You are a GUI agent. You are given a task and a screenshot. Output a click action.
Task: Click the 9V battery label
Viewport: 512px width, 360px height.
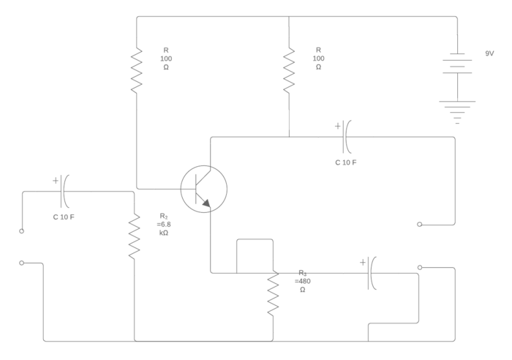[x=490, y=53]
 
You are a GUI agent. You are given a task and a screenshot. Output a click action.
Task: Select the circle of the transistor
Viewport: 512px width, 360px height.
[x=204, y=189]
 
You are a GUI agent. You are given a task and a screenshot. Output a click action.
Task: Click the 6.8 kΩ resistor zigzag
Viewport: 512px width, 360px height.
[x=135, y=236]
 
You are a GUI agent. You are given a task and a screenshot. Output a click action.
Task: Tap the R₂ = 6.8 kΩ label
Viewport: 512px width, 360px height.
[x=164, y=224]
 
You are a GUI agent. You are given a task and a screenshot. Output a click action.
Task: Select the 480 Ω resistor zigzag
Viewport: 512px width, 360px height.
[x=273, y=293]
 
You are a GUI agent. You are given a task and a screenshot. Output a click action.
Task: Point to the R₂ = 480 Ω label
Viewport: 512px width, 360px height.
[x=303, y=281]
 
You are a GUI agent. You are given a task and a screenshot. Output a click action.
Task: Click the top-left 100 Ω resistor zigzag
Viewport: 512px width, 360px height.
[x=137, y=70]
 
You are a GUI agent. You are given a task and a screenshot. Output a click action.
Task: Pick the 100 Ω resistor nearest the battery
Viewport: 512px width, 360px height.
[x=289, y=70]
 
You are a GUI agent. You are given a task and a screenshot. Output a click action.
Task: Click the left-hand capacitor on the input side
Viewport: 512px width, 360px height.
[x=64, y=192]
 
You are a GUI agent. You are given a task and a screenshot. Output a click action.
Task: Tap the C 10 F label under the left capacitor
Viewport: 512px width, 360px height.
[x=63, y=217]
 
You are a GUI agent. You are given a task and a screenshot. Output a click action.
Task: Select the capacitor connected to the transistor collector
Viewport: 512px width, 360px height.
[x=346, y=136]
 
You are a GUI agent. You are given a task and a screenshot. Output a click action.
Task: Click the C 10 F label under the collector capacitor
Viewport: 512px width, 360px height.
[x=346, y=162]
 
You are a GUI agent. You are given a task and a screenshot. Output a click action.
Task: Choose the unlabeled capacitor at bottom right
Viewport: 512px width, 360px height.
[x=372, y=273]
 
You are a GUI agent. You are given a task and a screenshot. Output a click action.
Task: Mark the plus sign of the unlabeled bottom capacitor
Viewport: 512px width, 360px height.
[x=362, y=261]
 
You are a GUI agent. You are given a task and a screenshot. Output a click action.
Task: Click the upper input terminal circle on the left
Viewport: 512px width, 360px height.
[x=21, y=231]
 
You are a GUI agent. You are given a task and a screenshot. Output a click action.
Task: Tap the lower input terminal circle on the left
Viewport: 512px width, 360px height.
[x=21, y=263]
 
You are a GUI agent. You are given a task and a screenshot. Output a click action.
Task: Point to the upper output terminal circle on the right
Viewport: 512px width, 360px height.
[x=420, y=225]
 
